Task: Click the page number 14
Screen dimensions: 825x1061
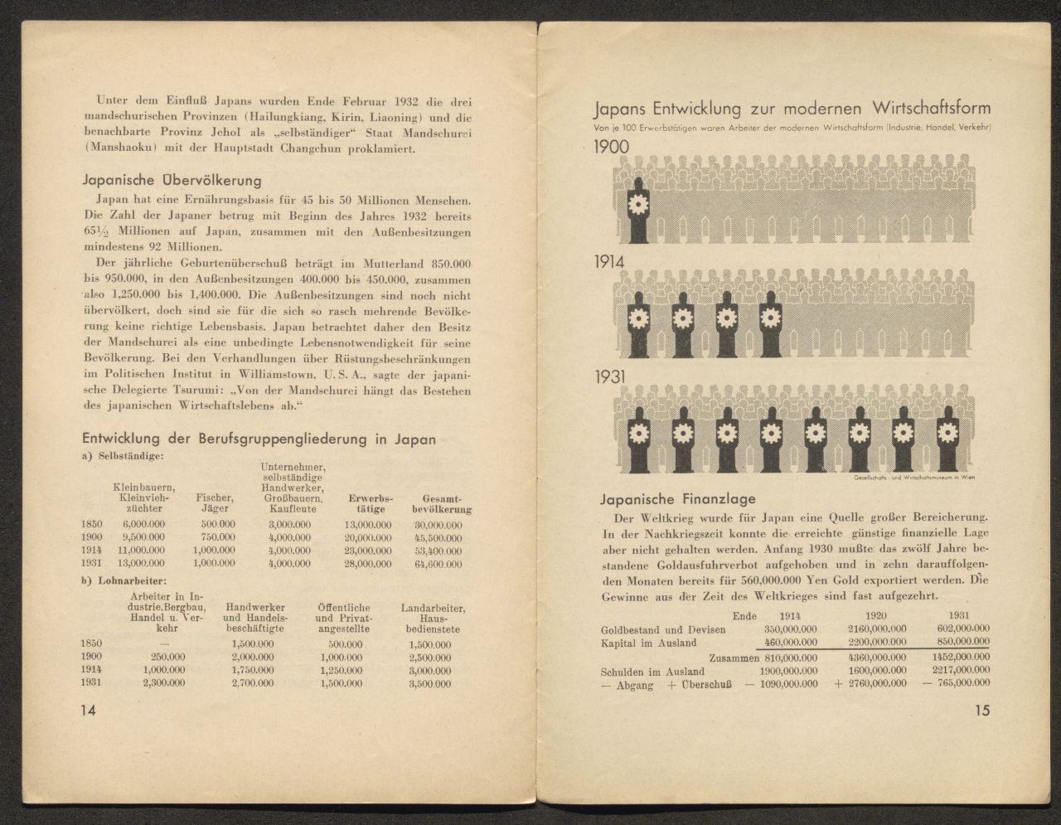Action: click(87, 710)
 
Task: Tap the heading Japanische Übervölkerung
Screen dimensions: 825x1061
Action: click(172, 180)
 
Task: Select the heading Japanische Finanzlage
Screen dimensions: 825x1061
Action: click(677, 499)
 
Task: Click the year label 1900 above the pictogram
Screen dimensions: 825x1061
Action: click(612, 147)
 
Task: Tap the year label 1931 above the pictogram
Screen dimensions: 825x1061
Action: click(611, 377)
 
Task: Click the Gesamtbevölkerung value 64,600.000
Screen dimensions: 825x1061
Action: click(437, 564)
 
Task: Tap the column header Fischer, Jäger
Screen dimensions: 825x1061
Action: click(214, 503)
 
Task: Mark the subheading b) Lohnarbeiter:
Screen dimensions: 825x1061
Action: click(124, 580)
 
